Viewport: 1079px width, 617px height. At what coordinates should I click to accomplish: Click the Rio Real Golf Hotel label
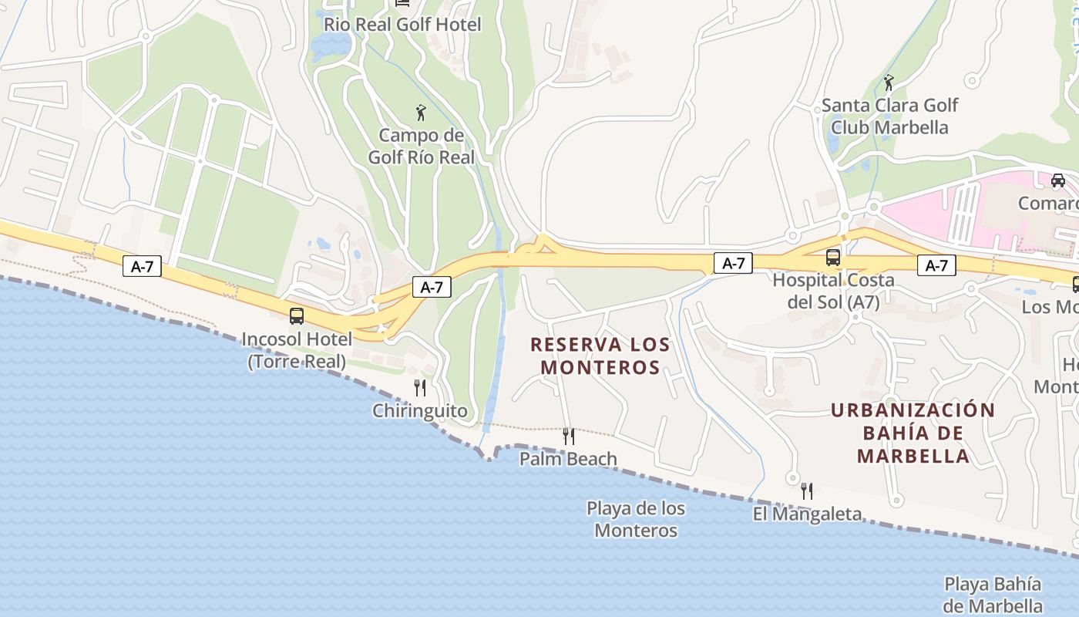[x=402, y=25]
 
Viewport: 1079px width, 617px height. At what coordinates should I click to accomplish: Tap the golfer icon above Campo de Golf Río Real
[x=420, y=113]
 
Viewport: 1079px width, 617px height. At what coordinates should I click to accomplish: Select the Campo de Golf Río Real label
[x=420, y=147]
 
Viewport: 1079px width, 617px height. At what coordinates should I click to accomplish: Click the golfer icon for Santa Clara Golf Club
[x=889, y=83]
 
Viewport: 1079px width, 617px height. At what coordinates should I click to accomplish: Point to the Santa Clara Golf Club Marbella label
[x=889, y=116]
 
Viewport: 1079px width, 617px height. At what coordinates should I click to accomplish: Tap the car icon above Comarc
[x=1057, y=180]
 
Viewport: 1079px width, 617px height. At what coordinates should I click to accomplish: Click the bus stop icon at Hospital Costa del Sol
[x=832, y=258]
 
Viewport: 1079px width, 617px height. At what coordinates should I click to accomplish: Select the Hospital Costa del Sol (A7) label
[x=833, y=291]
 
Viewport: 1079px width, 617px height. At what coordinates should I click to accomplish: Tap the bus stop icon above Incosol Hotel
[x=296, y=315]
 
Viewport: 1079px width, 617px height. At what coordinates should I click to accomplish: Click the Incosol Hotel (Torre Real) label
[x=297, y=350]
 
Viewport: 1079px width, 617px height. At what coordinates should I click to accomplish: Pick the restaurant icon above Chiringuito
[x=420, y=387]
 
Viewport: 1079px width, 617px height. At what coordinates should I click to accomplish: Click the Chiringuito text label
[x=420, y=410]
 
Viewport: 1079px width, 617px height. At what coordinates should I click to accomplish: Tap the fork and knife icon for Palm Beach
[x=568, y=437]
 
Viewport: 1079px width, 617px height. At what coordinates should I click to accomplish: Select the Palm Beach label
[x=568, y=459]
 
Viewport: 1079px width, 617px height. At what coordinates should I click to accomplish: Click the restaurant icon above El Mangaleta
[x=806, y=491]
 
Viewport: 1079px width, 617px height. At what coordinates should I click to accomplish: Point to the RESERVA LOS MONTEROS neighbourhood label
[x=600, y=356]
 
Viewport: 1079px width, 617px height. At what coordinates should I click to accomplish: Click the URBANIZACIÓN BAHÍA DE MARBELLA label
[x=913, y=433]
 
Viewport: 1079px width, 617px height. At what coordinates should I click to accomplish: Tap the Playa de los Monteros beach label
[x=636, y=519]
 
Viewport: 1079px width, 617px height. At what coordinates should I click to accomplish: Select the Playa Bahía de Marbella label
[x=993, y=595]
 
